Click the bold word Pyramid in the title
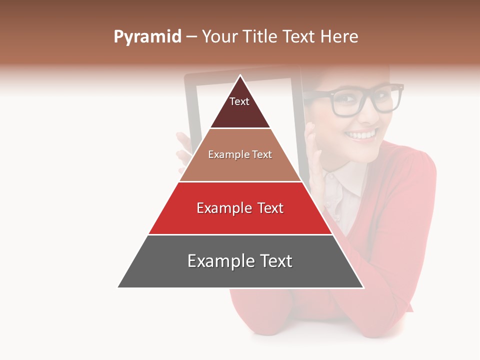click(147, 37)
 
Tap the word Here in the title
click(339, 37)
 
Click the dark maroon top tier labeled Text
click(240, 107)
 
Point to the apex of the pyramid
click(240, 76)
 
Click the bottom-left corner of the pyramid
click(118, 287)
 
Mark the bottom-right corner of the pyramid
click(363, 287)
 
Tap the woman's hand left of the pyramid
click(183, 150)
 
